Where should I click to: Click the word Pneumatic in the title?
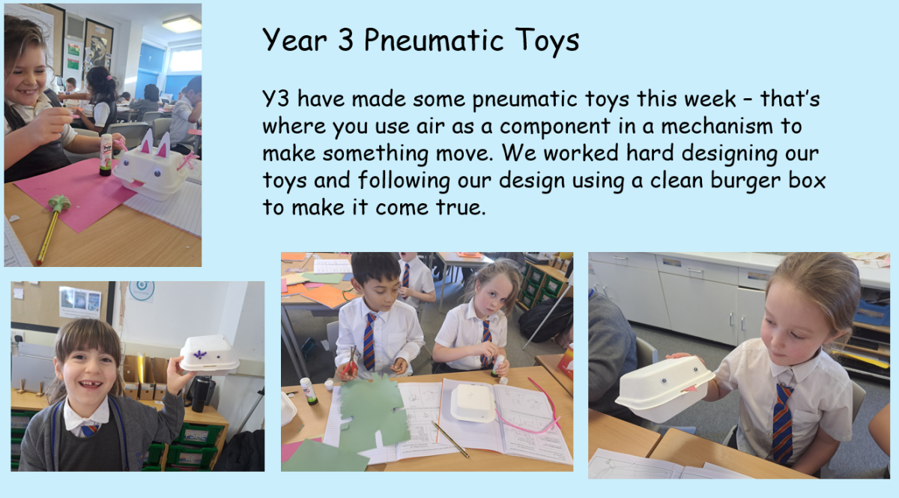[434, 40]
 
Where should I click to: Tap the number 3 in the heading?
[345, 40]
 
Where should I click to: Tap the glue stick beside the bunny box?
[106, 154]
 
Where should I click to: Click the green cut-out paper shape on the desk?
[372, 414]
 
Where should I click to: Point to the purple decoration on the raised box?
[199, 355]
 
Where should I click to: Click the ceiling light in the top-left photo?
[182, 25]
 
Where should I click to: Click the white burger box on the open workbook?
[473, 403]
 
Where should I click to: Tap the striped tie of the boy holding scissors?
[369, 343]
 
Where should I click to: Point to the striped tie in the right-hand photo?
[782, 424]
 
